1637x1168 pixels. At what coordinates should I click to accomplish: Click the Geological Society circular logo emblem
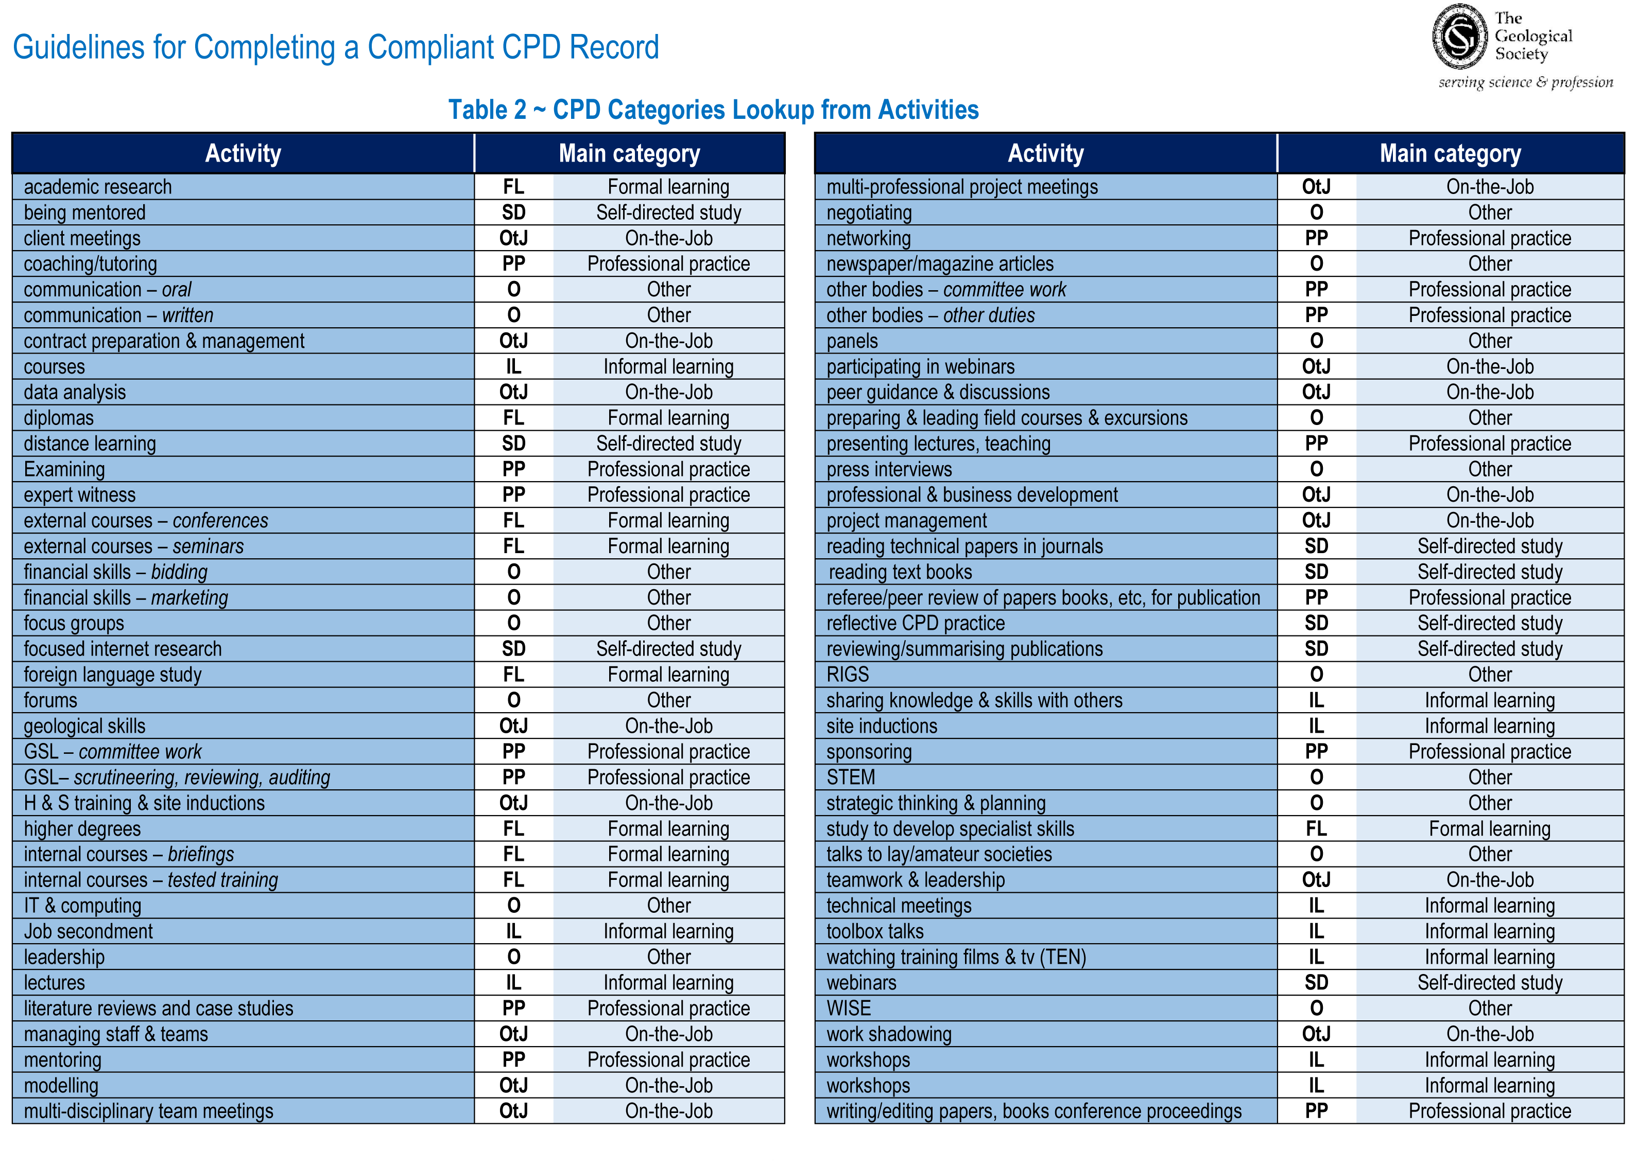tap(1459, 36)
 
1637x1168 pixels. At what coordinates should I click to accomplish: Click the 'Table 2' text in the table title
tap(487, 110)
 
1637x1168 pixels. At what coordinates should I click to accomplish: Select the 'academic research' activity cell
tap(98, 187)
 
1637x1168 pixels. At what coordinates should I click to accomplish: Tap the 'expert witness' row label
tap(80, 495)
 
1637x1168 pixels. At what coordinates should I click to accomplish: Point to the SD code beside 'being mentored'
tap(514, 213)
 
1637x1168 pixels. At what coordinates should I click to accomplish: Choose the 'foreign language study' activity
tap(113, 675)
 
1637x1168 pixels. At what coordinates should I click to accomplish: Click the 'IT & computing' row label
tap(83, 906)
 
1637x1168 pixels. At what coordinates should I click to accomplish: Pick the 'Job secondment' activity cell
tap(89, 931)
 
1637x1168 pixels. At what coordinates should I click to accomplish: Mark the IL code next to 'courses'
tap(514, 367)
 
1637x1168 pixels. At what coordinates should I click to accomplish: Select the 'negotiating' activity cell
tap(869, 213)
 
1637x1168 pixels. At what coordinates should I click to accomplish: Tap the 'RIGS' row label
tap(848, 675)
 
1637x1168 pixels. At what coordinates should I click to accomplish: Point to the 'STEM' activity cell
tap(851, 777)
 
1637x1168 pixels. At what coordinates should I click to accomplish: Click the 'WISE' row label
tap(849, 1008)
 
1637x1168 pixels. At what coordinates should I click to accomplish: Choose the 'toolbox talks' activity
tap(875, 931)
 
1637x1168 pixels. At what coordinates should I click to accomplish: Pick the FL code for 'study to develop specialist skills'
tap(1316, 828)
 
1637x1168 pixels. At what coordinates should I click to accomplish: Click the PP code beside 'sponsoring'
tap(1316, 752)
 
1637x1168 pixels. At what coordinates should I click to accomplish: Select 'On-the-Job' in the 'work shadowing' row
tap(1490, 1034)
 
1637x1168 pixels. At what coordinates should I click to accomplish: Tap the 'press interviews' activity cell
tap(889, 470)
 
